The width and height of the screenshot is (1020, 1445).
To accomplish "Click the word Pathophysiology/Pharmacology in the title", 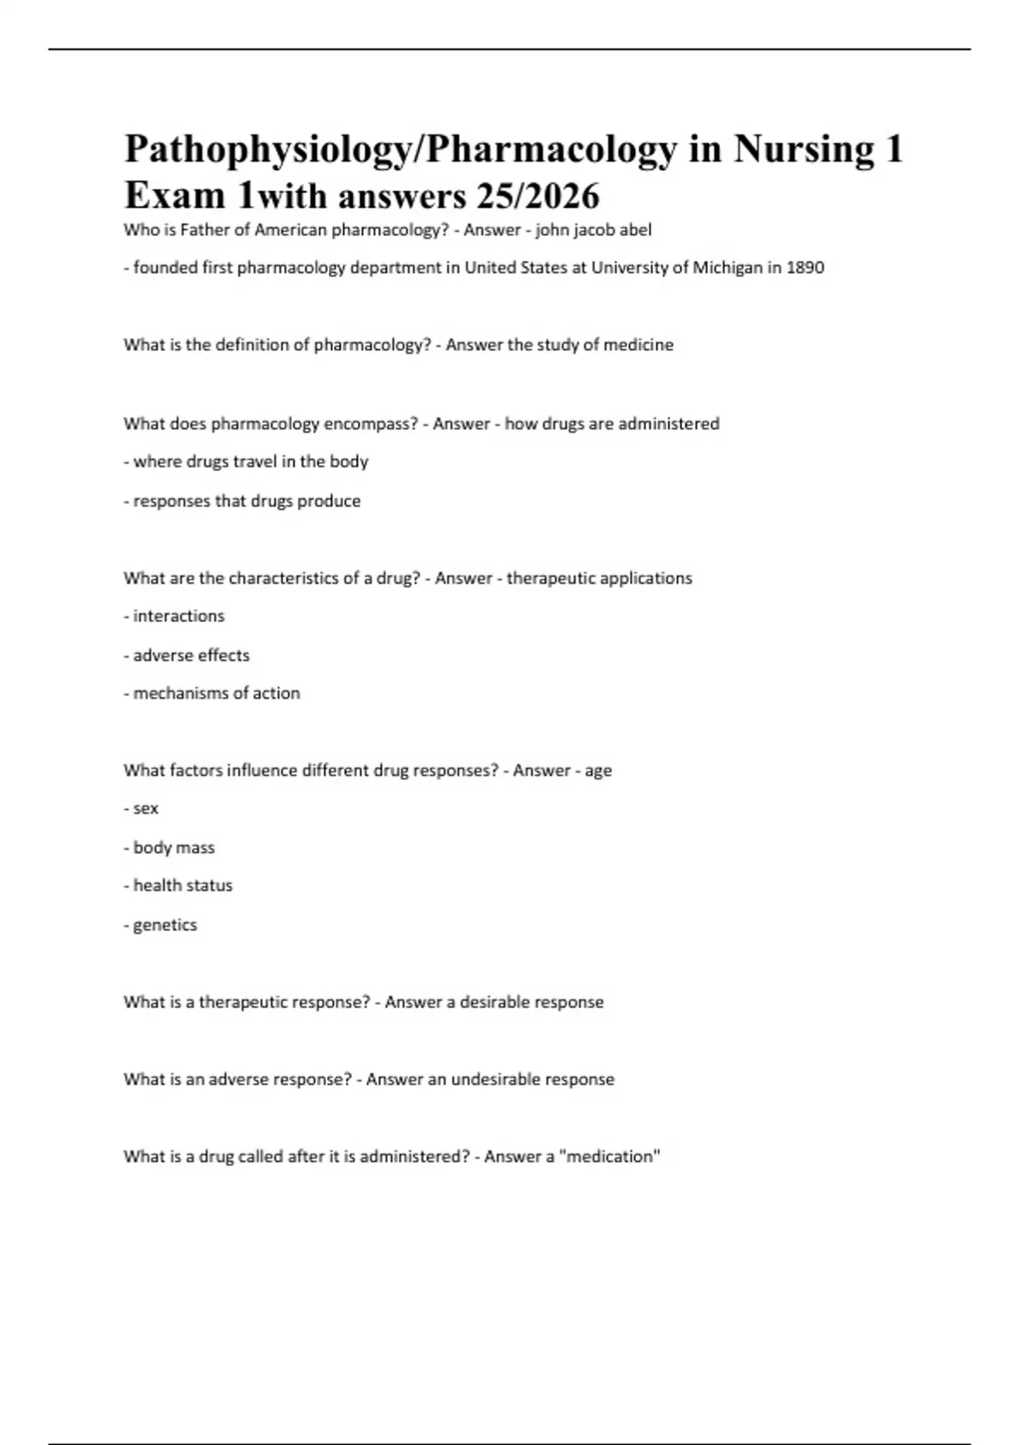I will (400, 150).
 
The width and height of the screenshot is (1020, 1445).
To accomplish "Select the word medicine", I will (638, 345).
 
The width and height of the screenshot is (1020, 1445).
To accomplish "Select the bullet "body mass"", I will (173, 847).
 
